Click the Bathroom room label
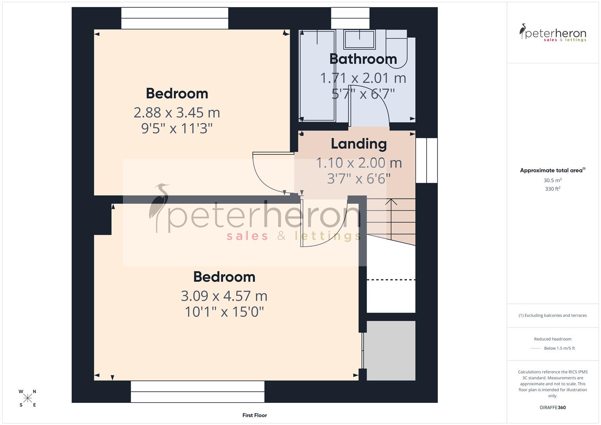363,59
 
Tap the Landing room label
359,144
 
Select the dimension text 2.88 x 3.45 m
177,113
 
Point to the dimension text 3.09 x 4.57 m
224,296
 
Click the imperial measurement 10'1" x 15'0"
224,312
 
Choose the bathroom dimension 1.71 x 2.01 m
363,78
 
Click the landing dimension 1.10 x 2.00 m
359,163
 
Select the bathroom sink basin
359,40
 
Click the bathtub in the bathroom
317,75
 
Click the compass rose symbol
28,398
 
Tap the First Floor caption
255,415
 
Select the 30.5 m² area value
553,181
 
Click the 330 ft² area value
553,189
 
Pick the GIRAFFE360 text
553,408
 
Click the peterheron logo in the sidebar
553,33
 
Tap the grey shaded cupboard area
391,351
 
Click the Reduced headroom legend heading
553,339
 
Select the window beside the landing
427,161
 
